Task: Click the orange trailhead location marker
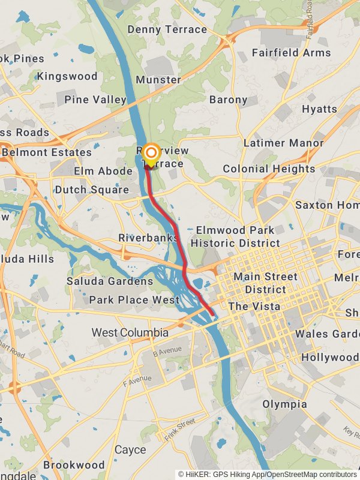(x=151, y=153)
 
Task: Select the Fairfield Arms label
(x=291, y=53)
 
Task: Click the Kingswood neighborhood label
(x=67, y=76)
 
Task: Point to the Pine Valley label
(x=95, y=100)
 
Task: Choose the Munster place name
(x=158, y=80)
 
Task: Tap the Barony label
(x=228, y=100)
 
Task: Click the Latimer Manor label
(x=283, y=143)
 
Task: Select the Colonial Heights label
(x=269, y=169)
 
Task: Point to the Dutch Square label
(x=92, y=190)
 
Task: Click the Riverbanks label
(x=148, y=238)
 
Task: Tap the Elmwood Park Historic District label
(x=235, y=236)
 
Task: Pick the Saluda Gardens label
(x=109, y=281)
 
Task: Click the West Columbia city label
(x=130, y=332)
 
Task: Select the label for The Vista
(x=254, y=306)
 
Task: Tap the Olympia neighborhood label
(x=284, y=404)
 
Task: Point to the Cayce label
(x=130, y=449)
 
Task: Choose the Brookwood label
(x=74, y=465)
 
